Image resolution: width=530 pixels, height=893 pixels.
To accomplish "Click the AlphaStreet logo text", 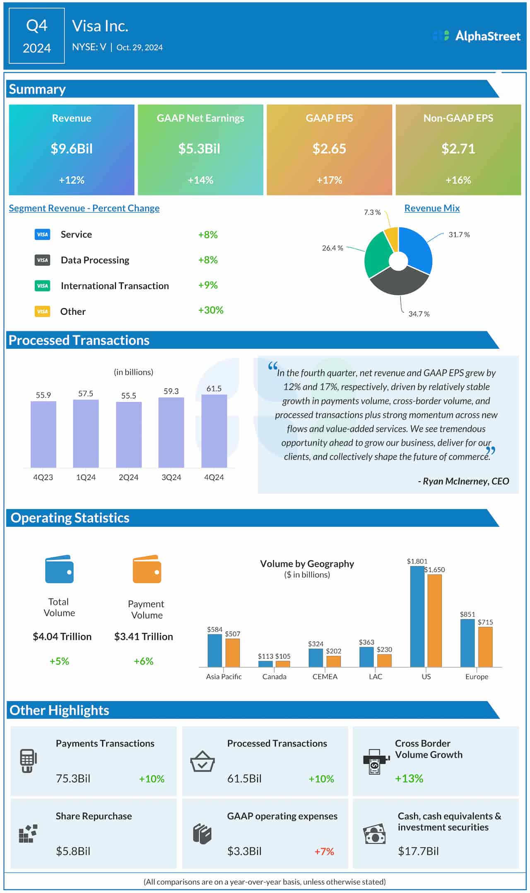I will (x=487, y=36).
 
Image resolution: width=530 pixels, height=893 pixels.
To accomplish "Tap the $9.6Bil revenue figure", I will (x=72, y=149).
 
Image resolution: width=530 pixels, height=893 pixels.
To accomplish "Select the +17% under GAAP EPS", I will (x=329, y=180).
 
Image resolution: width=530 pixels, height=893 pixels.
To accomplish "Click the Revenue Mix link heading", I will (x=432, y=208).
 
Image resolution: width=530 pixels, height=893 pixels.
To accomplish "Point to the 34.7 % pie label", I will (x=419, y=314).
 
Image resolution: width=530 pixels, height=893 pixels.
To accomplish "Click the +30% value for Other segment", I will (x=210, y=310).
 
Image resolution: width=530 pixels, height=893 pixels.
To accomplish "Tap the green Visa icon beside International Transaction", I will (x=42, y=286).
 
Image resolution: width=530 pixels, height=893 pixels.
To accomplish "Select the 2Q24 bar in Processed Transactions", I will (x=128, y=435).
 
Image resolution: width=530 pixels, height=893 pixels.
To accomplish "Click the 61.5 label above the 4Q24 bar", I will (x=214, y=389).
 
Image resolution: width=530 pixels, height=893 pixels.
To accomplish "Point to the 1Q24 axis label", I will (x=86, y=478).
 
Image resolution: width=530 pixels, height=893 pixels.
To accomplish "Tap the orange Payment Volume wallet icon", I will (x=147, y=570).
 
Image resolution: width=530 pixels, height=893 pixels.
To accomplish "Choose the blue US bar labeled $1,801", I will (x=417, y=617).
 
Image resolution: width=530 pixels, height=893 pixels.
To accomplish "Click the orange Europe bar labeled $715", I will (x=485, y=647).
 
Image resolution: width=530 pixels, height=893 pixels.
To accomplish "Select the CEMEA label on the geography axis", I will (x=325, y=677).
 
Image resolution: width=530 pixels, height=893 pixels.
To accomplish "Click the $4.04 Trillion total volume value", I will (x=62, y=637).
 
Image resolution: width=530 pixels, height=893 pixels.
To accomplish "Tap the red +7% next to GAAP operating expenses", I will (x=324, y=852).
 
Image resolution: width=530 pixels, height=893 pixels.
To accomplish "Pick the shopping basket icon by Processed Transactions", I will (x=202, y=761).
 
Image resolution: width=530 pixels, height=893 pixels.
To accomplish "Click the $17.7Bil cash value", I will (x=418, y=851).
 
